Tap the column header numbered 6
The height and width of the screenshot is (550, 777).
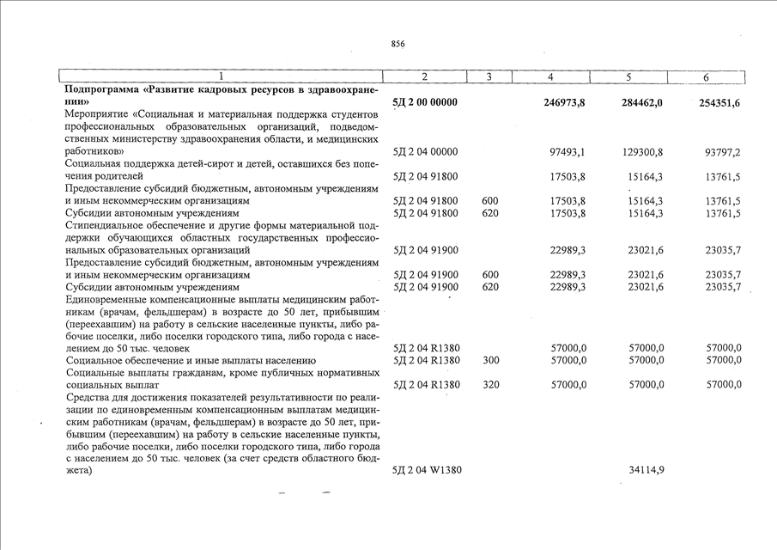[706, 77]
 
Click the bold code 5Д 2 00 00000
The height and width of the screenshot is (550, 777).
[425, 102]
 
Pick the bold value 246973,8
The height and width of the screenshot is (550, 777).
[564, 102]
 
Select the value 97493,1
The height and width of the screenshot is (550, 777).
[567, 152]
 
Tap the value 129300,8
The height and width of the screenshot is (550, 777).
[642, 152]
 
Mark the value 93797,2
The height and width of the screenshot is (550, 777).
[722, 152]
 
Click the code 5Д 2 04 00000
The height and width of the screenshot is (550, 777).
[425, 152]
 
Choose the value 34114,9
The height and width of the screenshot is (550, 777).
[645, 470]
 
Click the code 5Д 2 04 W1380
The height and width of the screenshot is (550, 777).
[427, 470]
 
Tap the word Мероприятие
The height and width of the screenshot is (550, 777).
[98, 114]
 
